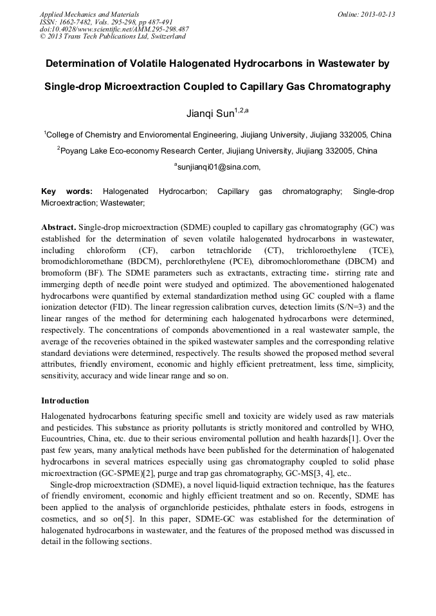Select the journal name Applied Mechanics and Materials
click(x=86, y=13)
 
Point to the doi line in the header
click(x=114, y=29)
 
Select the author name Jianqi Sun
click(x=210, y=114)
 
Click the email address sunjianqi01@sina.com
click(x=219, y=167)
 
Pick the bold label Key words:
click(x=66, y=191)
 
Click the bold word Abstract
click(x=59, y=227)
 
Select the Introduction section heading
click(x=65, y=401)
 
